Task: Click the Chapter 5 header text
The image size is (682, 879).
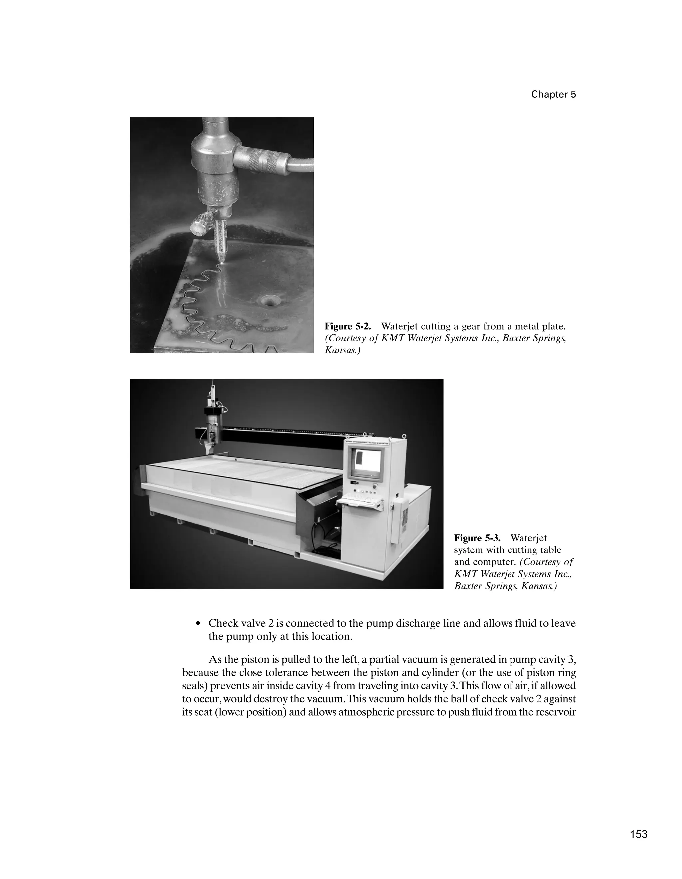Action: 553,94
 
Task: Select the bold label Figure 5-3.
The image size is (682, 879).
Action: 477,538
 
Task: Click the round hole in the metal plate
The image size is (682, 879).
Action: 267,300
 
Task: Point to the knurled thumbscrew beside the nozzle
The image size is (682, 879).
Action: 199,225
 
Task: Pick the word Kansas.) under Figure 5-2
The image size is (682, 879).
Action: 342,350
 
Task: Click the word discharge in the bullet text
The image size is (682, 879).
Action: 418,623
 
